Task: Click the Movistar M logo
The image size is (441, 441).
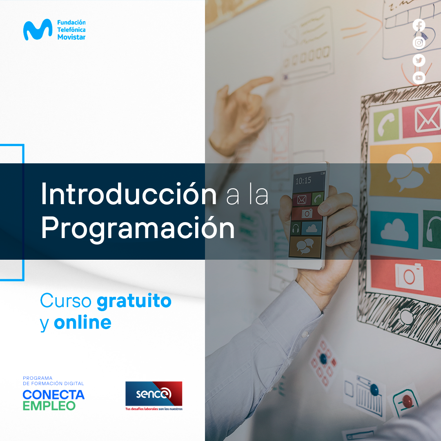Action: pos(38,29)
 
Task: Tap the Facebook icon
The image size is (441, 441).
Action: pos(419,25)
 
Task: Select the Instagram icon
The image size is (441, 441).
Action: pos(419,43)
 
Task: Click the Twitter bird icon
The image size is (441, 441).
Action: pos(419,60)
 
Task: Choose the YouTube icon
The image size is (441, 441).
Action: pos(419,78)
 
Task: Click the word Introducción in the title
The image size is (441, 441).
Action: pos(129,194)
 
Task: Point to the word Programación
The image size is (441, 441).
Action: pos(138,228)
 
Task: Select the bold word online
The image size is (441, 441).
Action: pos(82,322)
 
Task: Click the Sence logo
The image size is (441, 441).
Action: pos(154,396)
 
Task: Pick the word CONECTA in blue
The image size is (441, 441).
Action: pos(53,395)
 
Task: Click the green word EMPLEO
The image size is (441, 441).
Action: pos(49,406)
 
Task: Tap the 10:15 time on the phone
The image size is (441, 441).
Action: pos(303,180)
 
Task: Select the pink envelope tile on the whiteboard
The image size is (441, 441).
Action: pos(421,120)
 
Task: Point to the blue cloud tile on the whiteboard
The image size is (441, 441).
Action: pos(394,230)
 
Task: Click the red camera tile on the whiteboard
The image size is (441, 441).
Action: pos(405,276)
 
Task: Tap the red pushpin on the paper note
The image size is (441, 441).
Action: pos(407,401)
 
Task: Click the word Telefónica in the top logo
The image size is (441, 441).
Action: pos(71,29)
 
